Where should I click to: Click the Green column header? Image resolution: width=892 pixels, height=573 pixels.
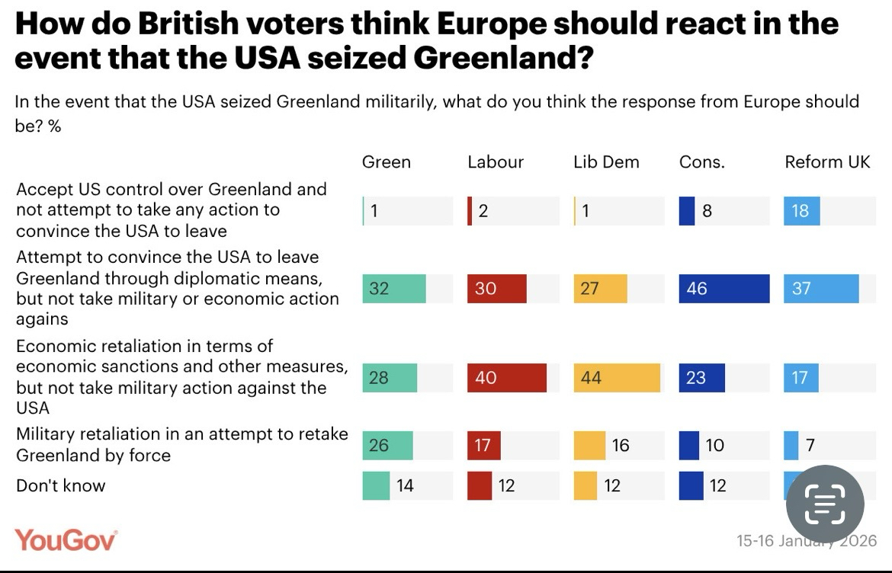pos(386,162)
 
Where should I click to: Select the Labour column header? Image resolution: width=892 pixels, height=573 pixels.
pos(496,162)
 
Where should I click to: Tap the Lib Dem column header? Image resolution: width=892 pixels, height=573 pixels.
pos(606,162)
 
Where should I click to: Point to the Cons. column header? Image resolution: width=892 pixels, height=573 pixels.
pos(701,162)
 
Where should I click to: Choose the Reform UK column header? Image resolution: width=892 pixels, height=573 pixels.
pos(827,162)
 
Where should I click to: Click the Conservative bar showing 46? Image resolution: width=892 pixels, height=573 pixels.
pos(724,289)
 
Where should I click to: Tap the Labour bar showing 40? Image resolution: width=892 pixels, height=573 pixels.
pos(506,378)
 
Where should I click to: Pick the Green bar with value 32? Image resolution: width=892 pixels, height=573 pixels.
pos(393,289)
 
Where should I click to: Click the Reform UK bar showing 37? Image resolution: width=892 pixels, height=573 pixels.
pos(821,289)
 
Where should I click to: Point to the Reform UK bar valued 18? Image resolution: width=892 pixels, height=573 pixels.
pos(801,211)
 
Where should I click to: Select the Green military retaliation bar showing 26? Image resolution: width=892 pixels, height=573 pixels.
pos(387,445)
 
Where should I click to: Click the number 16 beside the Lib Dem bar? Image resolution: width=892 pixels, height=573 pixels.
pos(621,445)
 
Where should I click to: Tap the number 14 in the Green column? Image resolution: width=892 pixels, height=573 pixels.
pos(405,485)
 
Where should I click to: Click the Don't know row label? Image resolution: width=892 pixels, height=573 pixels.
pos(61,485)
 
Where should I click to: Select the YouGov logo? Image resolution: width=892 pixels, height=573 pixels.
pos(66,539)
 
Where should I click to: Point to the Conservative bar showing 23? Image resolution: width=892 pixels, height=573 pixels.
pos(701,378)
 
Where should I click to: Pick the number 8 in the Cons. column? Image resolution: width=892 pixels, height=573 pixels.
pos(708,211)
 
